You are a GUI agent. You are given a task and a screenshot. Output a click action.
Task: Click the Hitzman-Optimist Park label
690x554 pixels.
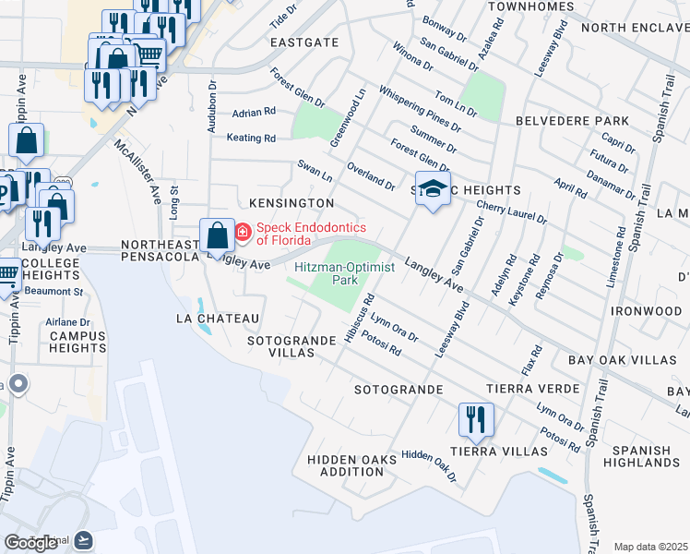[x=344, y=272]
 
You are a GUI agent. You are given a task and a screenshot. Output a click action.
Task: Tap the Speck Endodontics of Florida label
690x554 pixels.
[x=311, y=234]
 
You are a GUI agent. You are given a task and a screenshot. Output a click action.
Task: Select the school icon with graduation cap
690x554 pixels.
[x=433, y=188]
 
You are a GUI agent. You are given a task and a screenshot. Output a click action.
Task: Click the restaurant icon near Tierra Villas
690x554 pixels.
[x=477, y=420]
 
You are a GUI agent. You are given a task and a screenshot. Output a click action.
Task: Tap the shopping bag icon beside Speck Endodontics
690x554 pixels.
[x=218, y=235]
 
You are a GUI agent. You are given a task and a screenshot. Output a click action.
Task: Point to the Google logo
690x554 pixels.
[x=31, y=542]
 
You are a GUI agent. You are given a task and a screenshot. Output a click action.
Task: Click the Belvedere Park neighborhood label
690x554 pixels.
[x=572, y=121]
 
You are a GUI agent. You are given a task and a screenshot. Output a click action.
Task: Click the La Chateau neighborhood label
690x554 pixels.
[x=218, y=318]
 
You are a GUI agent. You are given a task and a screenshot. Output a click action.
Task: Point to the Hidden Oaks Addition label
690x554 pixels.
[x=345, y=464]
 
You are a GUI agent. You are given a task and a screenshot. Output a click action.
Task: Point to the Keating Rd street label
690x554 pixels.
[x=252, y=138]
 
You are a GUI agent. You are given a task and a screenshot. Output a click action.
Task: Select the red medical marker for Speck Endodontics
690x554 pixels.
[x=243, y=232]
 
